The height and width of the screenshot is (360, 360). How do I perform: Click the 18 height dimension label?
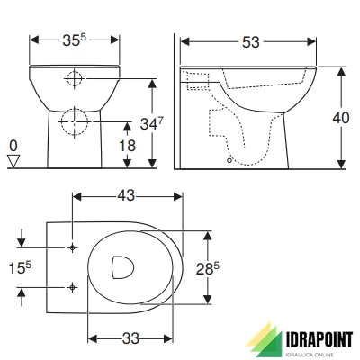click(x=130, y=145)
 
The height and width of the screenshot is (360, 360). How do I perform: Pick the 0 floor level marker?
click(x=13, y=145)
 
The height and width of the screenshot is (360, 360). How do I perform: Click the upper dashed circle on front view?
click(x=76, y=79)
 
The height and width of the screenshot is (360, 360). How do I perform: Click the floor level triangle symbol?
click(x=13, y=160)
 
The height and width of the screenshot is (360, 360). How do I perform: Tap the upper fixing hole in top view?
click(x=71, y=247)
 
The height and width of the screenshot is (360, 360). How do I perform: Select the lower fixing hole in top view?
click(x=71, y=287)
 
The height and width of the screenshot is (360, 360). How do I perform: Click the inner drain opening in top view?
click(x=121, y=267)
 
